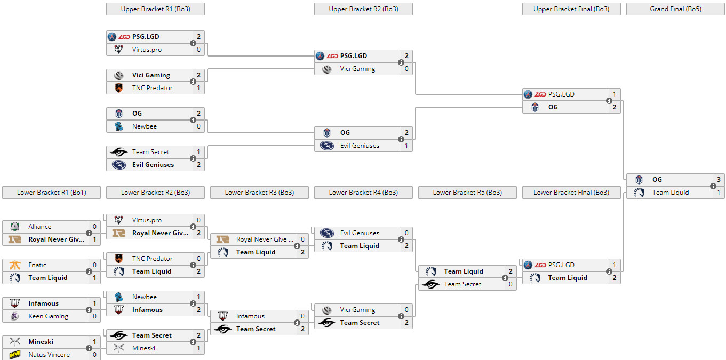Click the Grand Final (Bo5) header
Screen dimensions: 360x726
(675, 9)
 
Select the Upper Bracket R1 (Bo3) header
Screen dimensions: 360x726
(155, 9)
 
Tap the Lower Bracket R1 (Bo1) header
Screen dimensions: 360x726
(51, 193)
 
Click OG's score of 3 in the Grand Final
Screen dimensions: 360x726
(719, 180)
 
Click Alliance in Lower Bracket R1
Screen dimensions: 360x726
(40, 227)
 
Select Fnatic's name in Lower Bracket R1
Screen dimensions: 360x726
(37, 265)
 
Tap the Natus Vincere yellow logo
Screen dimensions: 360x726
(14, 355)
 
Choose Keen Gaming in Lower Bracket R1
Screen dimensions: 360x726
(48, 316)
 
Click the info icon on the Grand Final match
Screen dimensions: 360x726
(712, 186)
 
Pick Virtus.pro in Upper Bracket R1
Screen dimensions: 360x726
(147, 50)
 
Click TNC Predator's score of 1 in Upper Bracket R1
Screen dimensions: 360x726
(198, 88)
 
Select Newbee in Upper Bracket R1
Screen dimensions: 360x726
(144, 126)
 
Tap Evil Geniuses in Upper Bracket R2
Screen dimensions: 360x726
(360, 146)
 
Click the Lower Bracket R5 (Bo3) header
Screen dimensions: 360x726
(467, 193)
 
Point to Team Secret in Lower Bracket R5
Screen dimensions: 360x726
(462, 284)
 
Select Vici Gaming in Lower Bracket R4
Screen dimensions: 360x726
(357, 310)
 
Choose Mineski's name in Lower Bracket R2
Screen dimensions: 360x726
(144, 348)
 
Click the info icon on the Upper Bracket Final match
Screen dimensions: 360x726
(609, 101)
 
